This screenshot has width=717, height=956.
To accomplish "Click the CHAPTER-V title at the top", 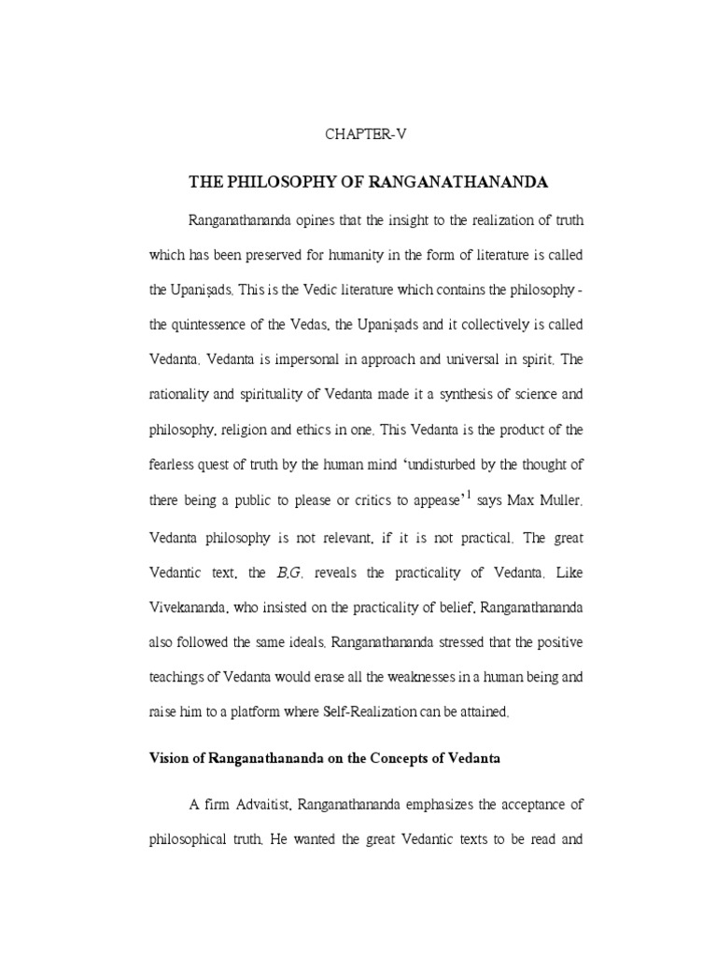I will coord(366,134).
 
